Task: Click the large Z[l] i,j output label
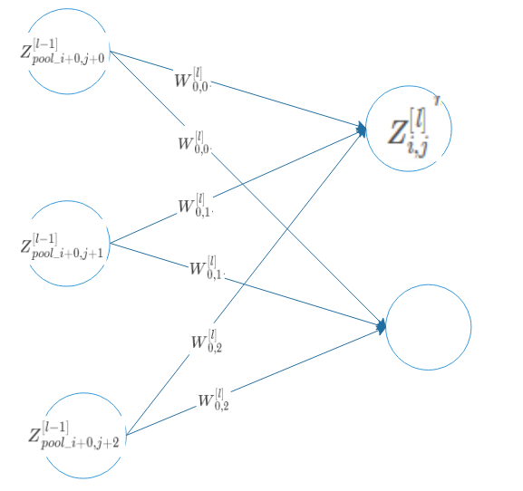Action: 408,130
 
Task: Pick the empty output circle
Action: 428,326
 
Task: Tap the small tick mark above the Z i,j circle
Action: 437,101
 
